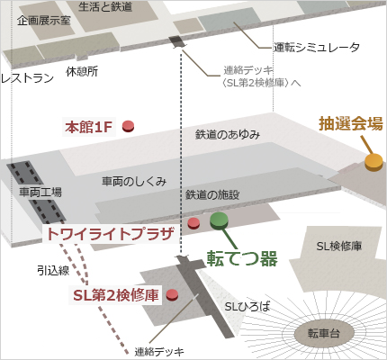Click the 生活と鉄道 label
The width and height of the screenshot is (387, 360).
(105, 6)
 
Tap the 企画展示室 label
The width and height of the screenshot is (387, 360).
(44, 21)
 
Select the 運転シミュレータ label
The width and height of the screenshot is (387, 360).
(317, 48)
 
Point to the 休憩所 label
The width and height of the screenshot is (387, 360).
(82, 71)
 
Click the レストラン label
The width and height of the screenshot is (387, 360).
(27, 78)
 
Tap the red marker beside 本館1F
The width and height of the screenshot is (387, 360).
(129, 126)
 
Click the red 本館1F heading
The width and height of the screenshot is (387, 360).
(89, 127)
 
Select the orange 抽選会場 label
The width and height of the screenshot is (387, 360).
(351, 123)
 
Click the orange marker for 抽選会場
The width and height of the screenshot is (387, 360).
(373, 162)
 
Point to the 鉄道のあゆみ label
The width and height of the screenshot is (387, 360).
(228, 134)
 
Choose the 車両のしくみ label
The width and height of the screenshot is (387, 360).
(134, 181)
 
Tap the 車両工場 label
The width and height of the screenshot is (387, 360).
(40, 192)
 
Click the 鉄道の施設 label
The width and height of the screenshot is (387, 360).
(212, 194)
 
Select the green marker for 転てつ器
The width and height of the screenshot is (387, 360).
(220, 220)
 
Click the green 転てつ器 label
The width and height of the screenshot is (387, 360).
(242, 258)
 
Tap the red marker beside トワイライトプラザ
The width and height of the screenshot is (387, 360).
(193, 223)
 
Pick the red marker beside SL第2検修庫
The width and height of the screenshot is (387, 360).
(172, 295)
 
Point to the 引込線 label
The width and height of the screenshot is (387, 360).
(53, 271)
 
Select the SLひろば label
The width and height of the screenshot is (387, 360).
(247, 307)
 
